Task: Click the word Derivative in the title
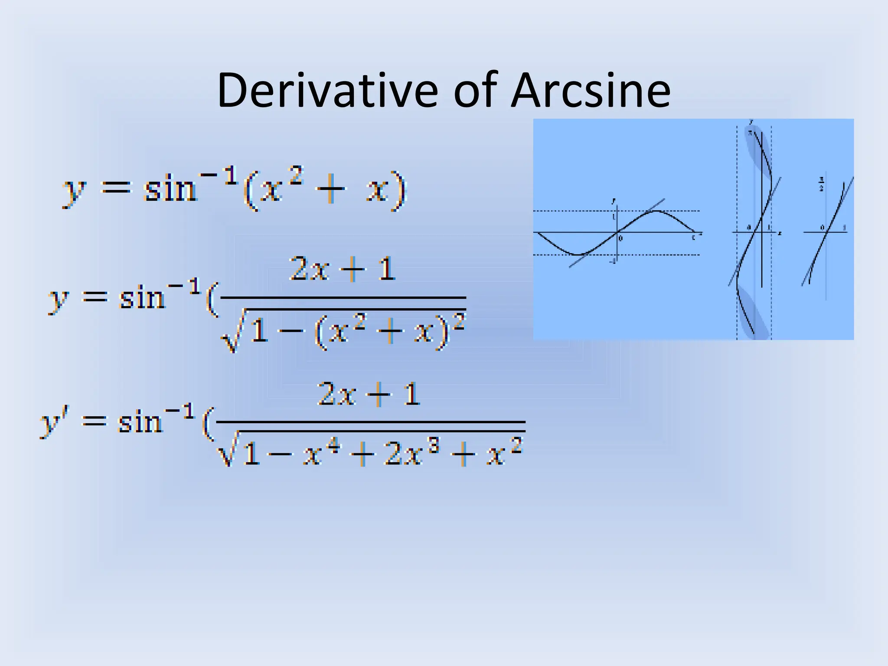pos(327,91)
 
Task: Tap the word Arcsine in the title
pos(591,91)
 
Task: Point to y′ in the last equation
pos(51,422)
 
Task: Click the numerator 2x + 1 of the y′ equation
pos(369,395)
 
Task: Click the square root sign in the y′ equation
pos(226,451)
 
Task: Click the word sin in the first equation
pos(170,189)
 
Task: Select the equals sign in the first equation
pos(115,189)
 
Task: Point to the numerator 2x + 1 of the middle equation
pos(343,269)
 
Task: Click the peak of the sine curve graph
pos(657,211)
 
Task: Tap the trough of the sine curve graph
pos(577,255)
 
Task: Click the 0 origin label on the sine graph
pos(620,238)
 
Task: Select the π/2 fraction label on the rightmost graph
pos(821,184)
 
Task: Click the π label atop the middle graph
pos(749,133)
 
